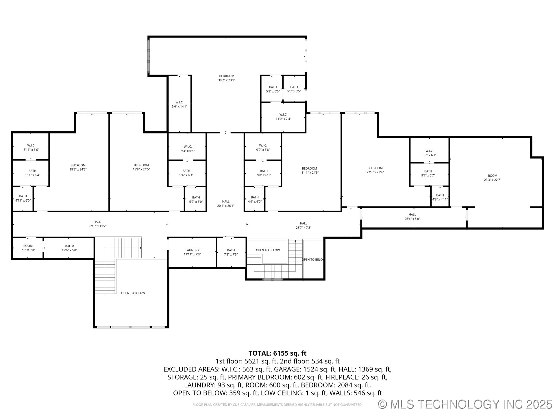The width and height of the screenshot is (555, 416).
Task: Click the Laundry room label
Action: pos(192,252)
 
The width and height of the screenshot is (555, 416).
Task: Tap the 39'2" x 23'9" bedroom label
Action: pos(226,78)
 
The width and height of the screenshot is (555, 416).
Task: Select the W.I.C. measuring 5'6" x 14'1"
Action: pos(179,104)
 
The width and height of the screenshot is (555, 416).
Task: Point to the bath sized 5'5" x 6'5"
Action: pos(294,89)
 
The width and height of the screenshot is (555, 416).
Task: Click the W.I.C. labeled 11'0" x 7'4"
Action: pos(283,116)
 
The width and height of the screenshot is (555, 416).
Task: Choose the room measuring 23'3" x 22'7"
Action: pos(493,178)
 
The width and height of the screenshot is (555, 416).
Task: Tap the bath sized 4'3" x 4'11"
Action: pos(440,197)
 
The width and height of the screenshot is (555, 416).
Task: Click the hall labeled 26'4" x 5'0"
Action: pos(412,217)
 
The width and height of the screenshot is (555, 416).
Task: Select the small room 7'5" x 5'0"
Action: pos(28,248)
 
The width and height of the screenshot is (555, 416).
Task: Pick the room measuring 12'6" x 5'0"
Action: pos(69,248)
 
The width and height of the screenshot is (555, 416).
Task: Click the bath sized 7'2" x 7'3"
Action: pos(231,252)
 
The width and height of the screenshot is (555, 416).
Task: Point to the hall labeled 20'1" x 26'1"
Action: pos(226,204)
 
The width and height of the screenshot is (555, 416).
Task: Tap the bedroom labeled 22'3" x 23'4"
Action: pos(375,170)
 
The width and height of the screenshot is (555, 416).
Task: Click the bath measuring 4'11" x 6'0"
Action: pos(23,198)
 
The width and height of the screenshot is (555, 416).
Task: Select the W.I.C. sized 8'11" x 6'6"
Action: pos(31,147)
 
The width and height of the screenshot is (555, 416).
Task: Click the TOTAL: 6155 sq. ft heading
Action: pos(277,353)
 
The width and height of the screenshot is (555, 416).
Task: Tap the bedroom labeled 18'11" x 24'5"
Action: pos(309,170)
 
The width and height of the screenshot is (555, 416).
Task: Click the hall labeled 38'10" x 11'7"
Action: pos(97,224)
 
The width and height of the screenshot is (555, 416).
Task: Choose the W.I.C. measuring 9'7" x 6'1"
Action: pos(429,153)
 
